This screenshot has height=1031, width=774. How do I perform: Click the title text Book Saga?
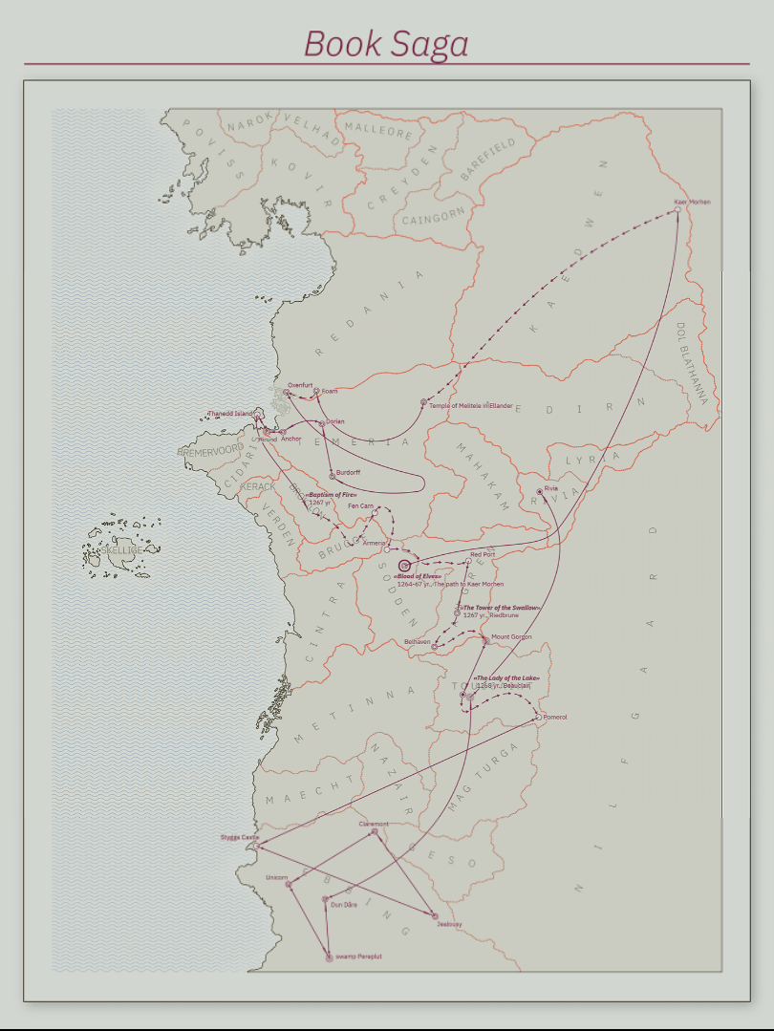pos(386,44)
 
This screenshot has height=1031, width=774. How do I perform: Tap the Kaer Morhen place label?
pos(692,203)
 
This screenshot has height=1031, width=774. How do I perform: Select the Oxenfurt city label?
pos(300,385)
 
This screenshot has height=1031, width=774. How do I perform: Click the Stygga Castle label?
pos(239,838)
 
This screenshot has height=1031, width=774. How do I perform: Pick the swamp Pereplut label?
pos(358,956)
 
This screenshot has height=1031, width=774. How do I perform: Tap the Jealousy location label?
pos(449,925)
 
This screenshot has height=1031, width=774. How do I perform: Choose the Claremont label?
pos(374,824)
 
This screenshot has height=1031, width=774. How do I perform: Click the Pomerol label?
pos(555,717)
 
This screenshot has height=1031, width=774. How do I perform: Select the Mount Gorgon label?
pos(511,636)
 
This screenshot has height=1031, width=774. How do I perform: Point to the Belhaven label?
pos(418,641)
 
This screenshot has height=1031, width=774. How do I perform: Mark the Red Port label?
pos(483,554)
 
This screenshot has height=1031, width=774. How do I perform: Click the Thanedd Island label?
pos(230,414)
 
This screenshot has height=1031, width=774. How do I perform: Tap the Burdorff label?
pos(348,472)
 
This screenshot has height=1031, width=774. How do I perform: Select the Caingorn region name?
pos(433,219)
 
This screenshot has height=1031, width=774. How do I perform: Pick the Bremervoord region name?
pos(210,450)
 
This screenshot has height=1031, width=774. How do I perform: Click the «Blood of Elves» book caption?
pos(417,577)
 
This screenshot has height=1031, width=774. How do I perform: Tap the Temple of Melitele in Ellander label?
pos(471,405)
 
